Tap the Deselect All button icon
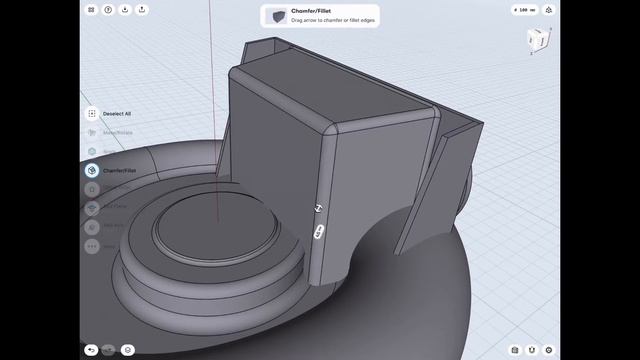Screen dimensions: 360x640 pos(92,114)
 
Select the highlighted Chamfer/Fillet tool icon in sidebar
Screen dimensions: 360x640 pos(92,170)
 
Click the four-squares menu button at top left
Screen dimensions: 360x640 pos(91,10)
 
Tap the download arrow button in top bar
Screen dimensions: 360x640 pos(125,10)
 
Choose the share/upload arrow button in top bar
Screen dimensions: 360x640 pos(142,10)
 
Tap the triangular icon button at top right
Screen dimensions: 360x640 pos(549,10)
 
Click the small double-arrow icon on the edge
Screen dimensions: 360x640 pos(318,209)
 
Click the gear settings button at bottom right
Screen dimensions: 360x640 pos(548,350)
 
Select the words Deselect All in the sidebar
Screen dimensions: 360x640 pos(117,114)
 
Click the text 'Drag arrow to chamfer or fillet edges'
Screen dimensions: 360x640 pos(330,21)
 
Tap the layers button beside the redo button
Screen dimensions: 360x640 pos(128,350)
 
